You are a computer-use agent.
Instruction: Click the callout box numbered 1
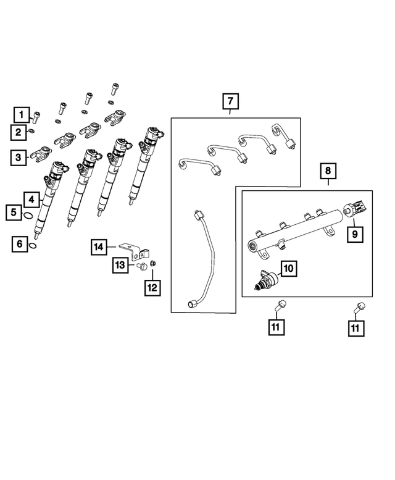point(22,114)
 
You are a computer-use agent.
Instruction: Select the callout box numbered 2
point(19,132)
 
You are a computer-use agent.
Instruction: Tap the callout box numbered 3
point(19,158)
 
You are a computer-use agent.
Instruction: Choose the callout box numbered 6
point(20,245)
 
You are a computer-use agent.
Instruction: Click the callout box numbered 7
point(229,100)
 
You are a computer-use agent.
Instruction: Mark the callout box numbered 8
point(328,169)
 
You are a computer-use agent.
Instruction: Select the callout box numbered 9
point(355,235)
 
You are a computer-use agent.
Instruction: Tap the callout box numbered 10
point(289,267)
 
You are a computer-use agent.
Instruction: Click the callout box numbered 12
point(152,287)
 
